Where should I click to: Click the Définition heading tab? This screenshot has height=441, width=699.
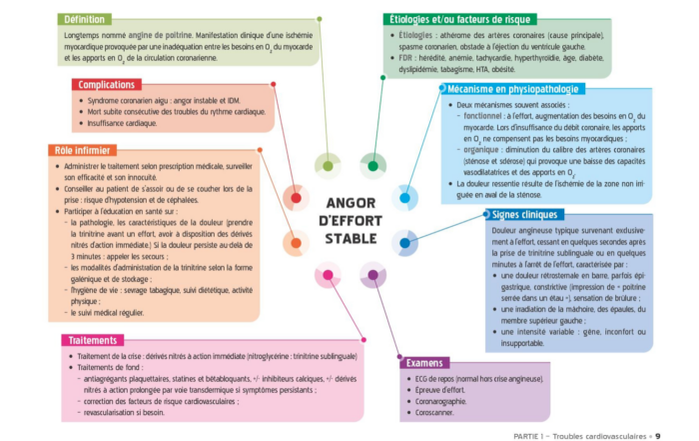coord(87,19)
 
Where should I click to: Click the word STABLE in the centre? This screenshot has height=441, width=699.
coord(350,239)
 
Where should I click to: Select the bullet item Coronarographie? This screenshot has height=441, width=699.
coord(439,400)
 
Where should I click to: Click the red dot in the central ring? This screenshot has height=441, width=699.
coord(295,197)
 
